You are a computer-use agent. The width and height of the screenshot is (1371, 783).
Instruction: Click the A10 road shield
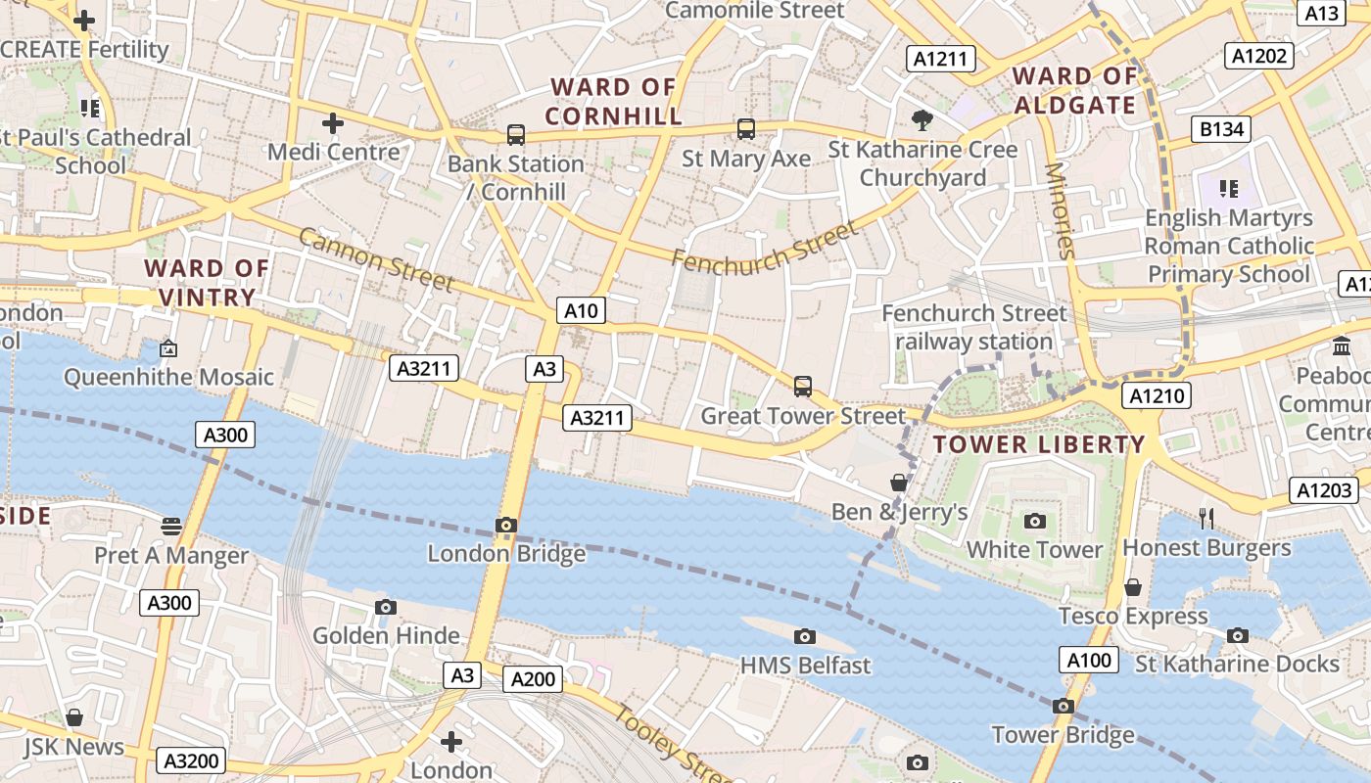point(581,311)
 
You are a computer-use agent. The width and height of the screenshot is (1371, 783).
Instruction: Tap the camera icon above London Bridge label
point(506,526)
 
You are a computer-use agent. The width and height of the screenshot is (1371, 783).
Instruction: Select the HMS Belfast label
point(805,666)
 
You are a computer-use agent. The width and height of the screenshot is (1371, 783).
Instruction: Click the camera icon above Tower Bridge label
point(1064,706)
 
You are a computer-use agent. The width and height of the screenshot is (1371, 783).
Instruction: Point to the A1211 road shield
point(940,59)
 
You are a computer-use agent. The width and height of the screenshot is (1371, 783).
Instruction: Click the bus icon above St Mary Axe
point(746,128)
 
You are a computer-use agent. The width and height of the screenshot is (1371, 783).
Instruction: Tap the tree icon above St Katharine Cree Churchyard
point(922,120)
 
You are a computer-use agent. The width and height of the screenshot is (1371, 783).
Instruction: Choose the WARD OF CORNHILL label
point(613,102)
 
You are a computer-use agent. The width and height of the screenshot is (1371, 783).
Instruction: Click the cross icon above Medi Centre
point(333,123)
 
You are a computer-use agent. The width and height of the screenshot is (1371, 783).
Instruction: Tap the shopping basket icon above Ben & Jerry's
point(899,483)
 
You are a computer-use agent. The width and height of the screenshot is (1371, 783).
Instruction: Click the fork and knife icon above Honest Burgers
point(1206,518)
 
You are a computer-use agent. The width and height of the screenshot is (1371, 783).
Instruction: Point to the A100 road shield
point(1089,660)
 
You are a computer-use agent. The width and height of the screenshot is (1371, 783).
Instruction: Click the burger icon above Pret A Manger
point(171,527)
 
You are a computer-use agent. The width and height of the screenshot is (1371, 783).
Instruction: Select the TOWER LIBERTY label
point(1038,444)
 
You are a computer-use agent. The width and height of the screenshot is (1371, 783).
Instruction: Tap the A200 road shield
point(533,679)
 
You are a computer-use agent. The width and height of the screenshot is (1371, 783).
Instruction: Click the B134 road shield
point(1222,128)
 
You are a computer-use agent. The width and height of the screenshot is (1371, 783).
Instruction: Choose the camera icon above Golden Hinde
point(386,608)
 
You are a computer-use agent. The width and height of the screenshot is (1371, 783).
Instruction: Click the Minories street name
point(1060,209)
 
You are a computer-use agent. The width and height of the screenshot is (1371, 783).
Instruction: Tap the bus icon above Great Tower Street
point(803,387)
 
